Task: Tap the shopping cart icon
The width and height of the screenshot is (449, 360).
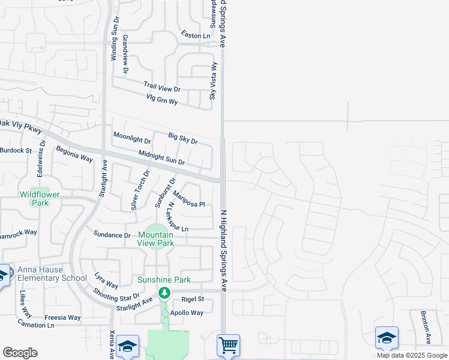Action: point(228,346)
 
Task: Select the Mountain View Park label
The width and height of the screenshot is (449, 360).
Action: point(155,239)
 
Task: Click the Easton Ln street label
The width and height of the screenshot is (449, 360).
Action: point(196,35)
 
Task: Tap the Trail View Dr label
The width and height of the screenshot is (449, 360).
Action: point(161,88)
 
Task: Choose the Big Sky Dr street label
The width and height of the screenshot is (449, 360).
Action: point(182,139)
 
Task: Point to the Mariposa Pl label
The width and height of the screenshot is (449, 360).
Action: point(188,199)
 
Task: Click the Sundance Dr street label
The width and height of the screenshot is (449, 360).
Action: point(112,235)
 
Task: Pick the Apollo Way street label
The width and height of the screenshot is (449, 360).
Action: point(187,313)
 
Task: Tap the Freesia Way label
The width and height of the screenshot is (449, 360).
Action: point(62,317)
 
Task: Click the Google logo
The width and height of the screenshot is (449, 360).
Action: point(20,353)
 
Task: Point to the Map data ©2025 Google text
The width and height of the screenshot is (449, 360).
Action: point(411,355)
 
